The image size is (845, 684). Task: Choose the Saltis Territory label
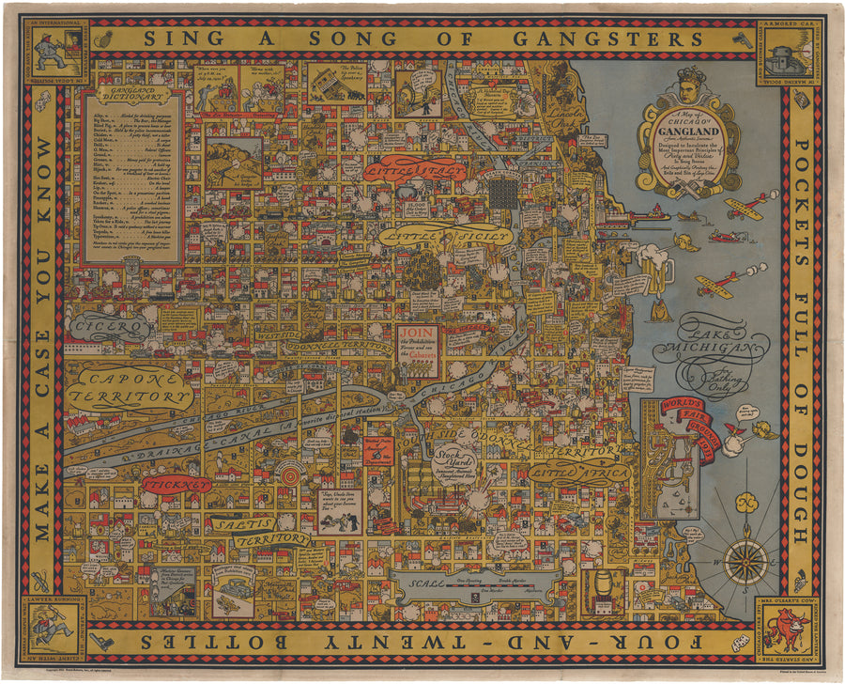click(x=258, y=532)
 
